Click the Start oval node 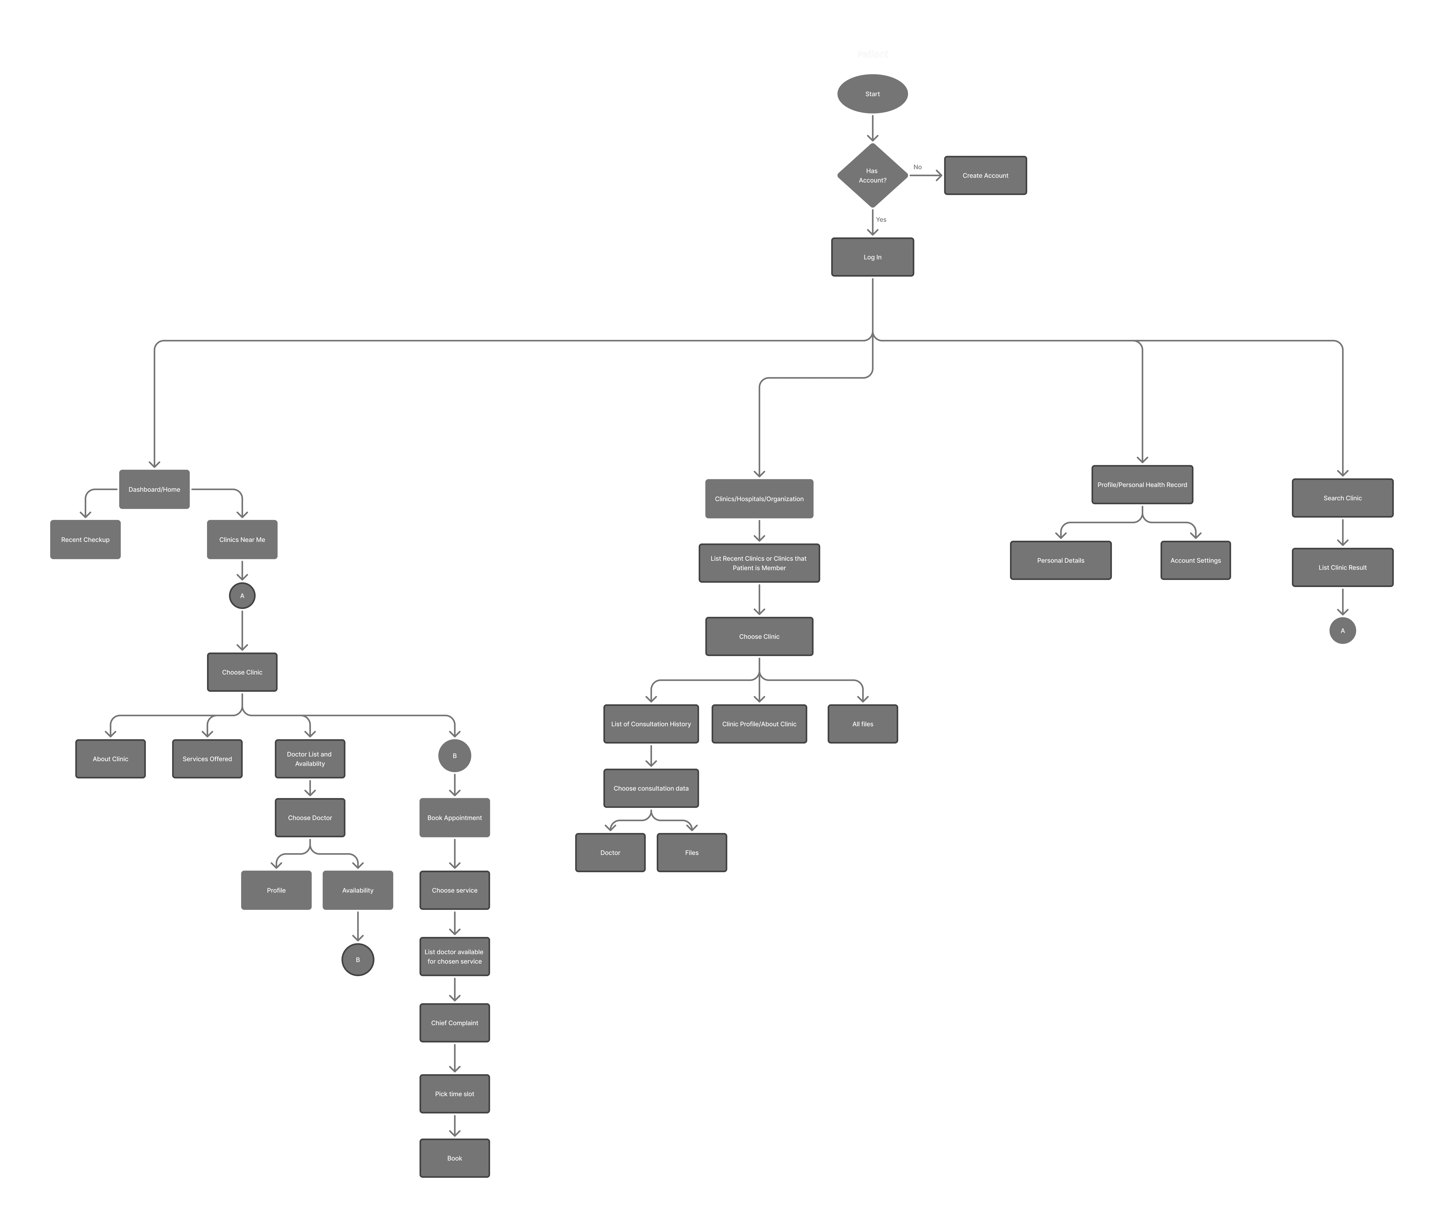pos(872,94)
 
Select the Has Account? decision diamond pos(872,175)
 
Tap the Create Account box pos(985,175)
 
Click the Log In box pos(872,257)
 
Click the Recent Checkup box pos(85,540)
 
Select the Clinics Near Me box pos(242,540)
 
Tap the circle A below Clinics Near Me pos(242,596)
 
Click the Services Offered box pos(207,759)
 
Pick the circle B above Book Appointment pos(454,756)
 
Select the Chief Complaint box pos(454,1023)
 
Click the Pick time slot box pos(454,1094)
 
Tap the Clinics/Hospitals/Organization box pos(759,498)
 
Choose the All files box pos(862,724)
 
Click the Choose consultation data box pos(651,788)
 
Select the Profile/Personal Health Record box pos(1142,484)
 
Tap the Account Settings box pos(1195,560)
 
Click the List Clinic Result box pos(1342,567)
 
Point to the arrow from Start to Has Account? pos(872,128)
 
